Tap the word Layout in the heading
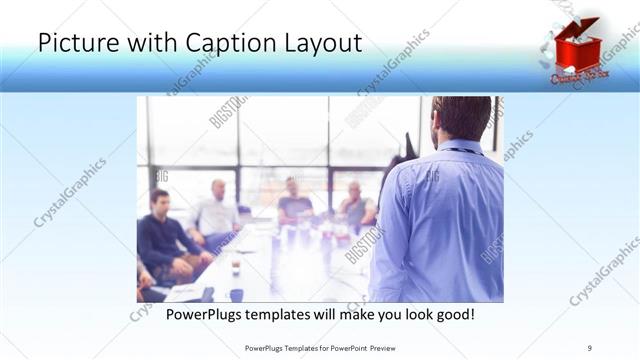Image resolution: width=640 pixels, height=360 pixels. (x=318, y=43)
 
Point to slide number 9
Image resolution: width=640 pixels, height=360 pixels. (x=589, y=348)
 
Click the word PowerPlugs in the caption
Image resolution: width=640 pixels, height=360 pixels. (x=205, y=315)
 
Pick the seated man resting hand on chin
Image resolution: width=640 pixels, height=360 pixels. (x=355, y=205)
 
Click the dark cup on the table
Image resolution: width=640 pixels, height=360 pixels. (x=236, y=294)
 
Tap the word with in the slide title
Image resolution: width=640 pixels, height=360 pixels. (x=161, y=43)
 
